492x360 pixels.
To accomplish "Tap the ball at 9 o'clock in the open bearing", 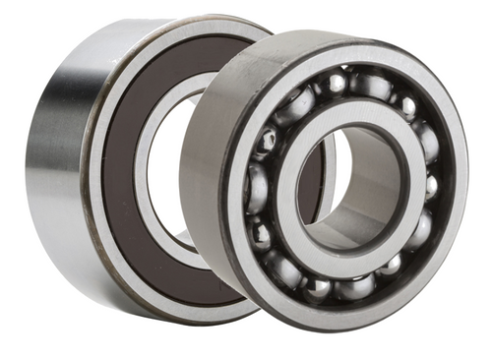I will [257, 187].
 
